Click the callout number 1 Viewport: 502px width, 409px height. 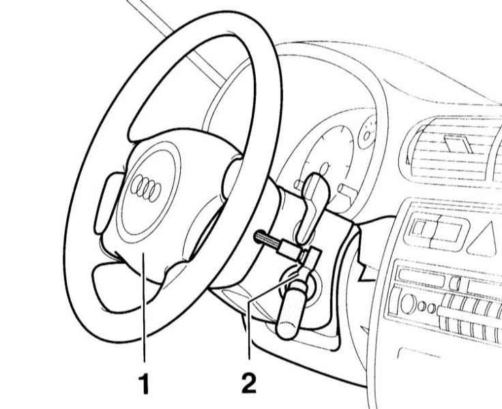[145, 383]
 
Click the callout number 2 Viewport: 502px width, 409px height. [249, 383]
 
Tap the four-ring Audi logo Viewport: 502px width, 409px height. [146, 188]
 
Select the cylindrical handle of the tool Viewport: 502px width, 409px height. [291, 309]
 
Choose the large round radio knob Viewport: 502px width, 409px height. [408, 303]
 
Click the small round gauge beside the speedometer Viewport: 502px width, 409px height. [368, 134]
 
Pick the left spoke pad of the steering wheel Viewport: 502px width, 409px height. [106, 202]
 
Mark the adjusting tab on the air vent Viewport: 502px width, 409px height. [458, 144]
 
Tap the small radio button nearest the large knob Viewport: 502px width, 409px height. [422, 307]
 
